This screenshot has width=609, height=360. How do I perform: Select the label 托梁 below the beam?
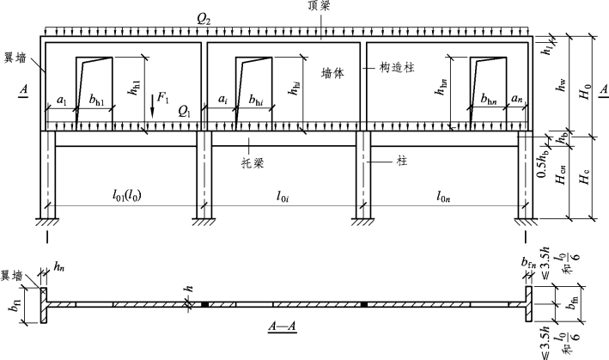click(x=252, y=160)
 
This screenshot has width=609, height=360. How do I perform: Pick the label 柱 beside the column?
click(x=400, y=161)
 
